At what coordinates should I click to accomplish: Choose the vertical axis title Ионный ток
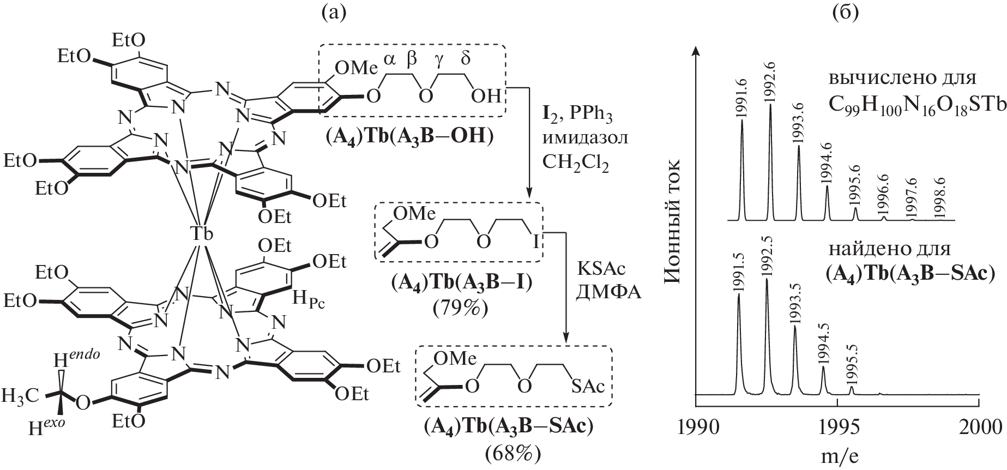point(675,221)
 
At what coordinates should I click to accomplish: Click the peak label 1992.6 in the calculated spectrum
point(770,87)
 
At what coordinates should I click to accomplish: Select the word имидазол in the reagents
point(585,137)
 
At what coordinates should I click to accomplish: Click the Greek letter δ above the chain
point(466,59)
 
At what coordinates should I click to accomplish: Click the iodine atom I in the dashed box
point(535,240)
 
